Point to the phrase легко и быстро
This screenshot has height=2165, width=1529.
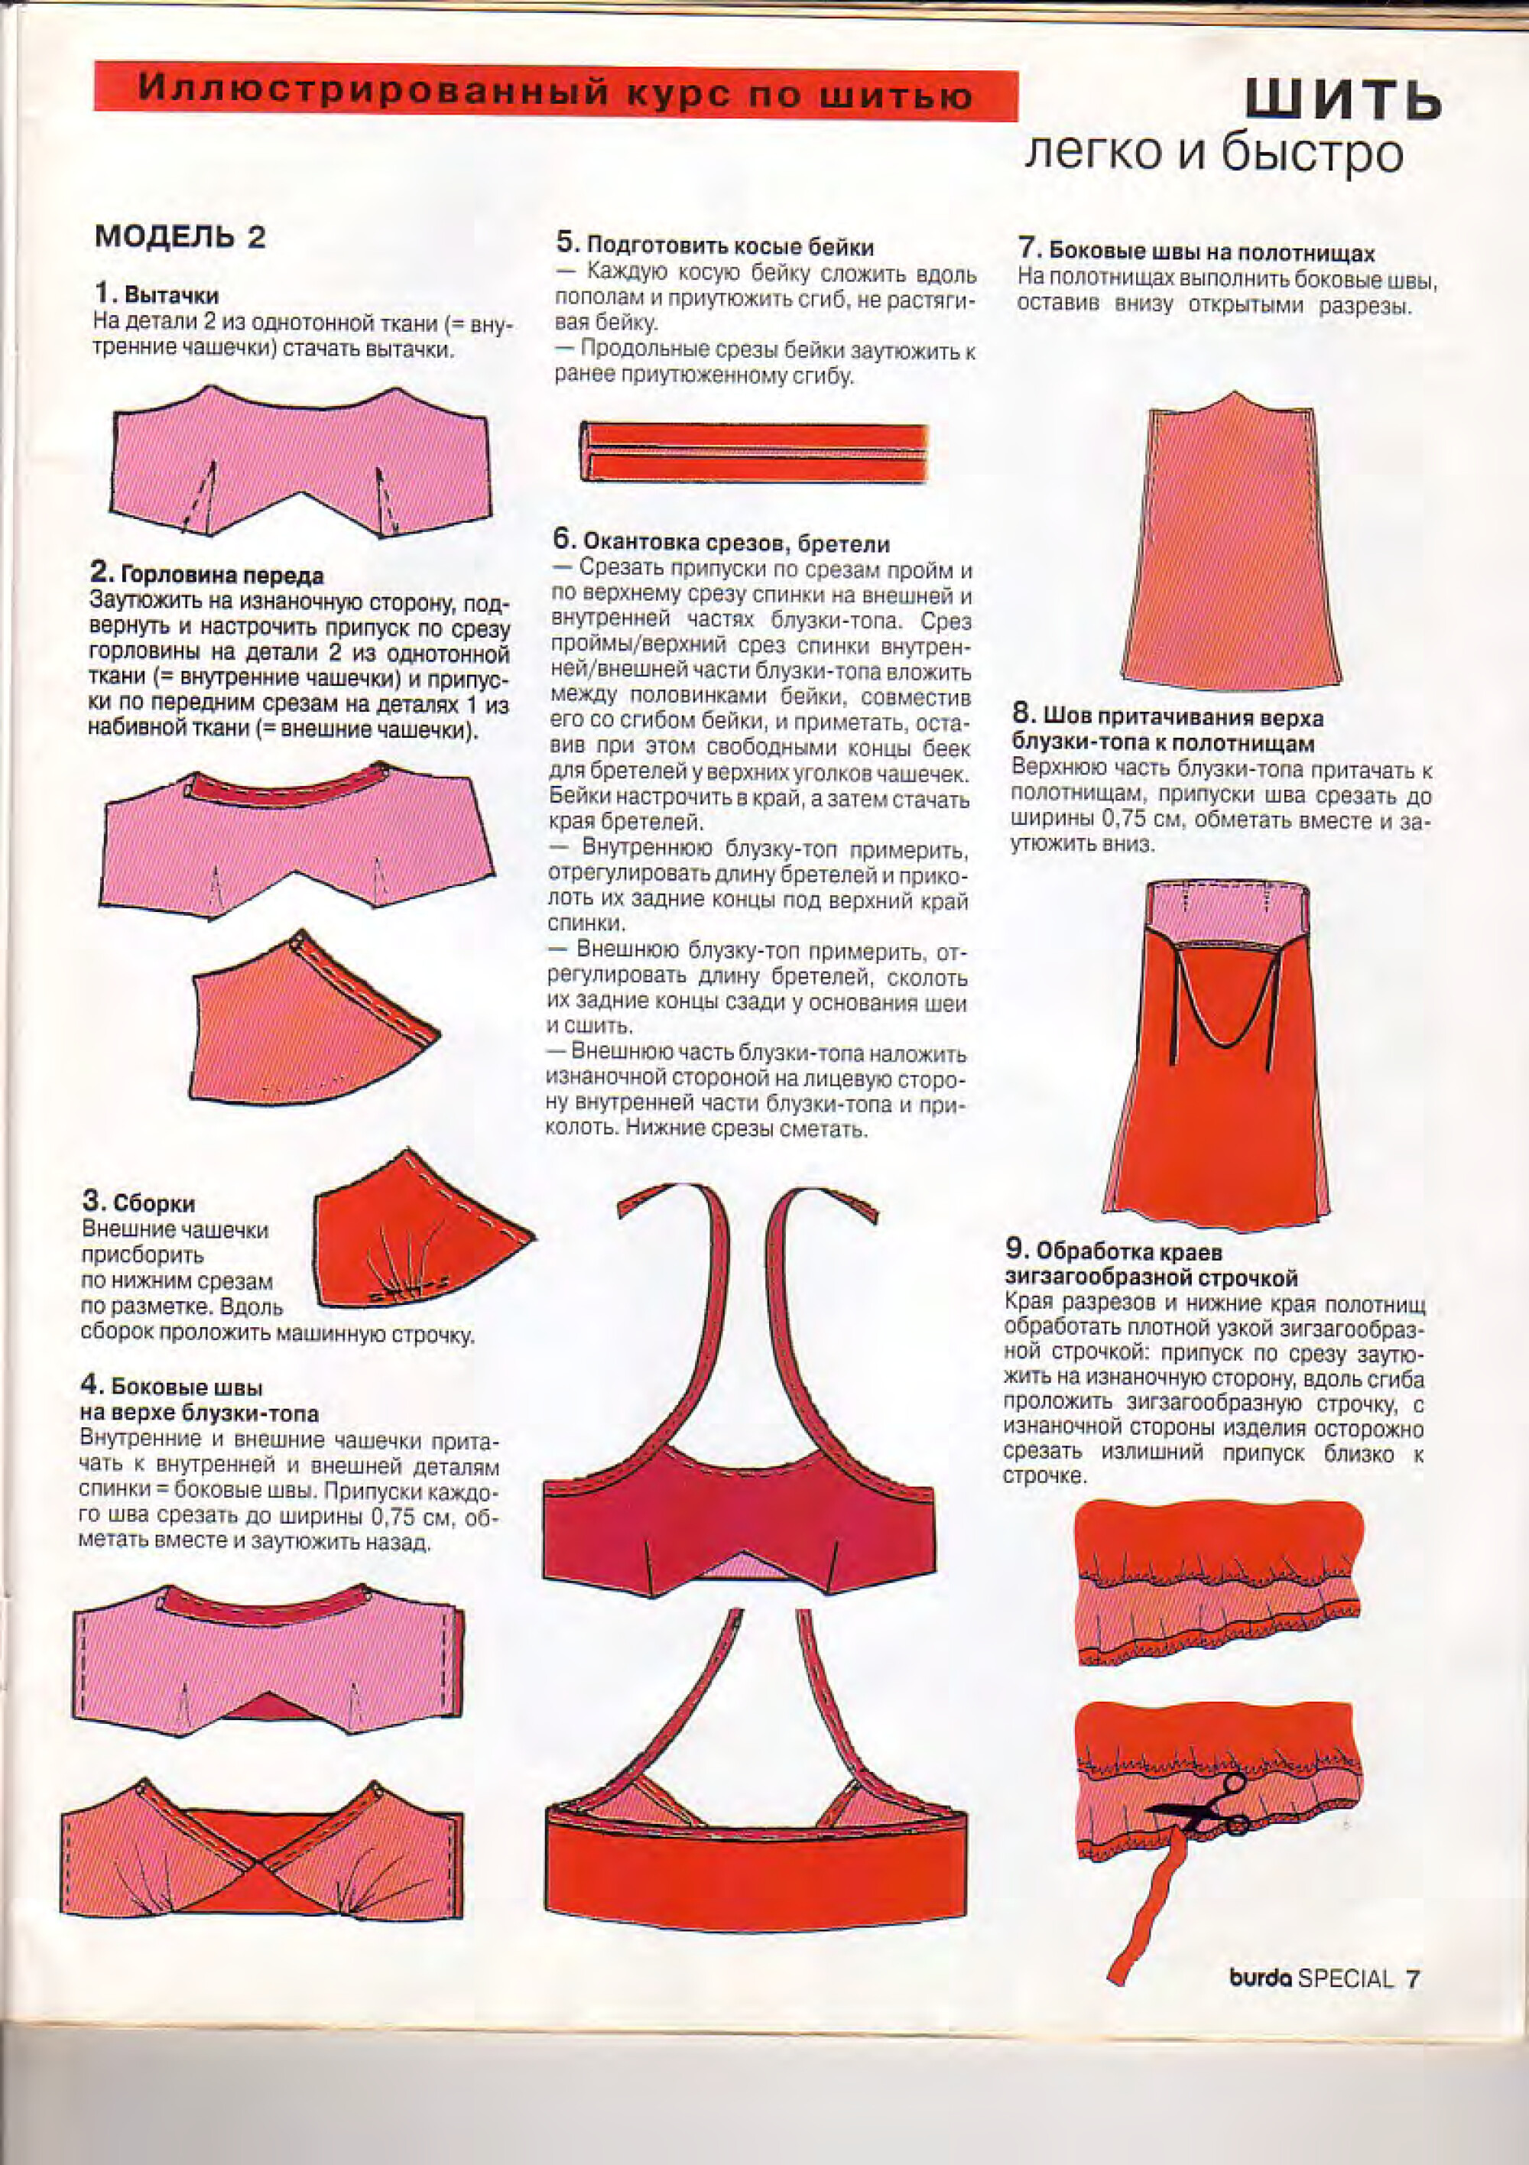(x=1214, y=154)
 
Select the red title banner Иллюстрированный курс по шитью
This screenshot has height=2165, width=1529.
(x=556, y=93)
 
